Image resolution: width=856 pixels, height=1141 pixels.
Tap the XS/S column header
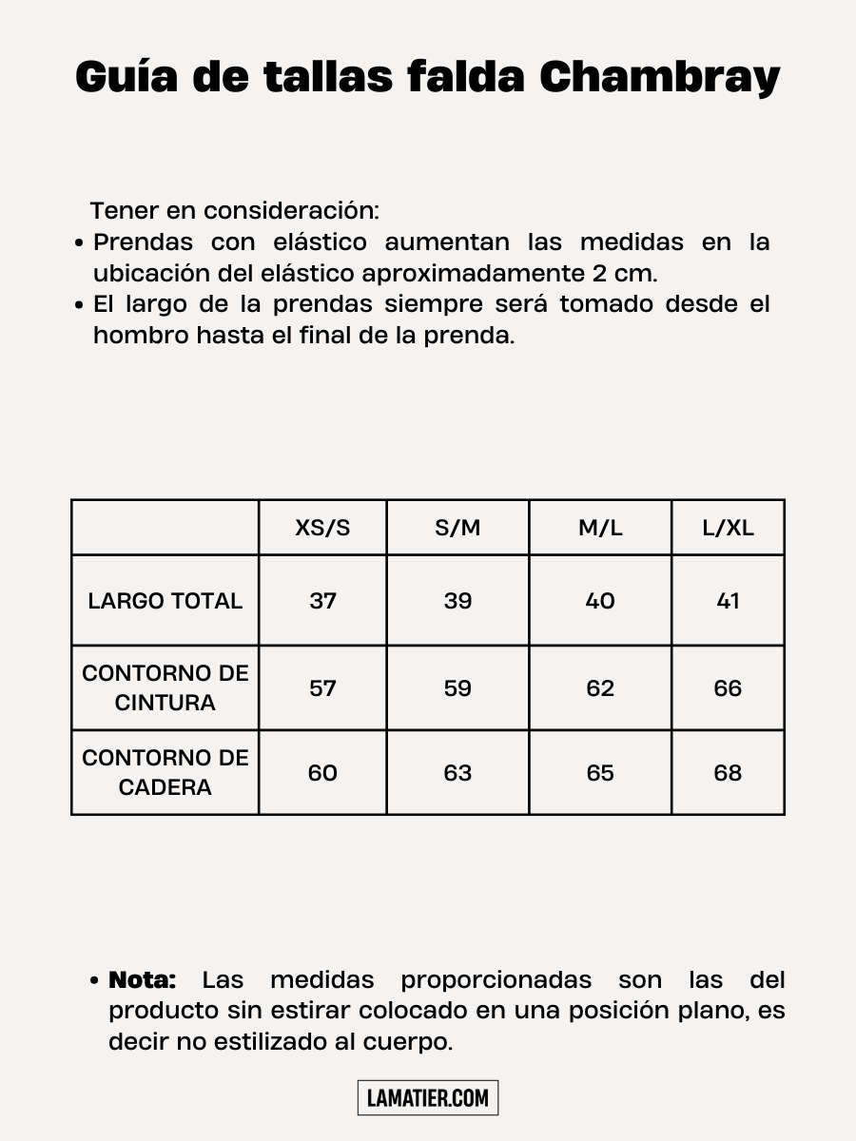[322, 528]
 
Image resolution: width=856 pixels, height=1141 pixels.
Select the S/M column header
[457, 528]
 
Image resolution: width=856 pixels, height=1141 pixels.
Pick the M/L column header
[600, 528]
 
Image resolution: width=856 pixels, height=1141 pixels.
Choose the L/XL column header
[728, 528]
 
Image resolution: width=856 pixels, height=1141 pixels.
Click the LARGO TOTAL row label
[165, 601]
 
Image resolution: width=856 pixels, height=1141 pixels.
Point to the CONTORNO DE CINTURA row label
[165, 687]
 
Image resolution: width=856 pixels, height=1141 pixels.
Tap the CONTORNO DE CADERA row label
[165, 772]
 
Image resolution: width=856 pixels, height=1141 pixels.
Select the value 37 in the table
[322, 601]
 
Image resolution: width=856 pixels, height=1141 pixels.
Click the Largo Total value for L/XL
[728, 601]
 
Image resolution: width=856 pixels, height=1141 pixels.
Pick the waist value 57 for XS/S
[322, 688]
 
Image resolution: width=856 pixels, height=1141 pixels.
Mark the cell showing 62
[600, 688]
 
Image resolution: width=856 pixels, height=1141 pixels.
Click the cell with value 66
[728, 688]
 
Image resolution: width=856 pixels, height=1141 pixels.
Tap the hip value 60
[322, 773]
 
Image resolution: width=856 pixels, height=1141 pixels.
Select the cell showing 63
[457, 773]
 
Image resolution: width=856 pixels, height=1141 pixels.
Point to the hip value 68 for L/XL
[728, 773]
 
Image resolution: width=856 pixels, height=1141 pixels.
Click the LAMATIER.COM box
[428, 1098]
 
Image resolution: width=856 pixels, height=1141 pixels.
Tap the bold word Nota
[143, 979]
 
